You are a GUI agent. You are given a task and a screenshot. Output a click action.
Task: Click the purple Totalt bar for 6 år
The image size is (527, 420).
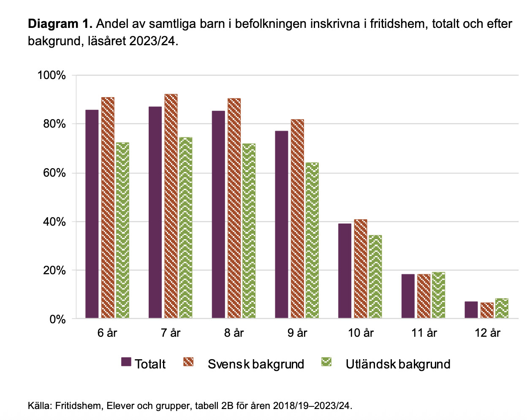(92, 214)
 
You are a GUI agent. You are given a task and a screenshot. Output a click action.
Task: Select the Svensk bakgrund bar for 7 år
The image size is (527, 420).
(171, 206)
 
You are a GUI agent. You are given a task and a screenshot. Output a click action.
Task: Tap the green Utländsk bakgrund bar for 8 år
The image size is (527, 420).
(249, 231)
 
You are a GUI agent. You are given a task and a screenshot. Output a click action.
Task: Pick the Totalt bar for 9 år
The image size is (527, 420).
(282, 224)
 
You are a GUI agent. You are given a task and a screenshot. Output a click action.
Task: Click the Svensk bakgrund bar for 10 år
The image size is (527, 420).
(361, 269)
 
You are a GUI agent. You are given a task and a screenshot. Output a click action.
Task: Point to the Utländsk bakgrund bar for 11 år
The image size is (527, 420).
(438, 295)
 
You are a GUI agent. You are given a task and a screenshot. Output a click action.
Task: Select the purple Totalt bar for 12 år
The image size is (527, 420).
(471, 310)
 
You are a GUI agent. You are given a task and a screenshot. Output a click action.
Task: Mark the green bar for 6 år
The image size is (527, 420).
(122, 230)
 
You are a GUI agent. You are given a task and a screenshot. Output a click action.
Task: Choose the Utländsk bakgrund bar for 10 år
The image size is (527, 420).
(375, 276)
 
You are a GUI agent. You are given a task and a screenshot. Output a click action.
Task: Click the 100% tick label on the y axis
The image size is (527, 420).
(52, 76)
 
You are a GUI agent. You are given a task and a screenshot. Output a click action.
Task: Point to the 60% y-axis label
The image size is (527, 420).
(54, 173)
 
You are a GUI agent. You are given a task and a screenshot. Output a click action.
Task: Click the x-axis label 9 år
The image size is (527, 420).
(297, 333)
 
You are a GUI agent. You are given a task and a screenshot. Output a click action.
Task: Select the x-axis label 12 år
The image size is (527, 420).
(487, 333)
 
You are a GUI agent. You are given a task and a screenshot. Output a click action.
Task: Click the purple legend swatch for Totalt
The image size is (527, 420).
(126, 362)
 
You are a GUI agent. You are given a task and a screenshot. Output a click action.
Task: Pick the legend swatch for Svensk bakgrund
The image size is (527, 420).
(188, 362)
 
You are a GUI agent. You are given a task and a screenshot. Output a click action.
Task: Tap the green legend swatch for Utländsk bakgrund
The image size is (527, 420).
(326, 362)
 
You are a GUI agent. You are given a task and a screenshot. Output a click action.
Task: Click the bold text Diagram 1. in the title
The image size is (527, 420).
(60, 24)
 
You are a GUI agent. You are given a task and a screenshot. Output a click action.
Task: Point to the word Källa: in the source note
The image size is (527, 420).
(40, 406)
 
